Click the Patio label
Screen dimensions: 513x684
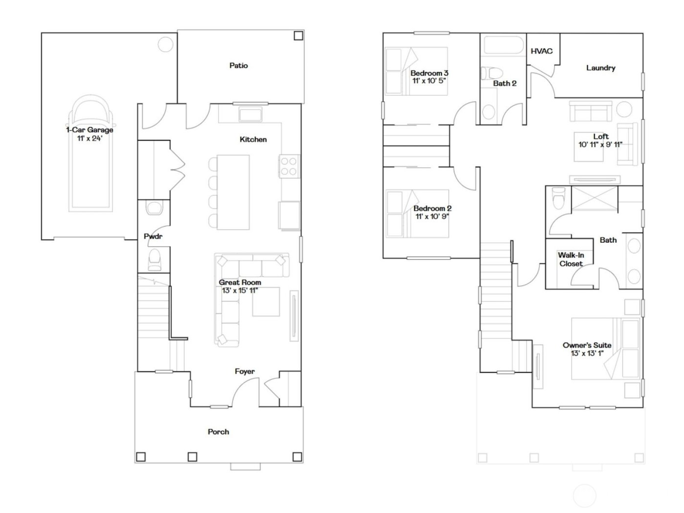tap(238, 65)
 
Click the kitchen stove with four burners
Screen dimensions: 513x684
tap(289, 166)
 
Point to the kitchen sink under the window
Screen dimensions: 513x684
tap(250, 115)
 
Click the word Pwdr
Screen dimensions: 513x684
tap(153, 236)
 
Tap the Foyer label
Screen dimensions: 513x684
tap(244, 371)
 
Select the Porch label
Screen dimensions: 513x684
tap(218, 432)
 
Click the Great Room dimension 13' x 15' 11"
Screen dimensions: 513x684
tap(240, 291)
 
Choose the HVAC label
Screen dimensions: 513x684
tap(541, 51)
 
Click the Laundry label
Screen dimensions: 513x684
tap(600, 68)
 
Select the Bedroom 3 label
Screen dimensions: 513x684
tap(429, 73)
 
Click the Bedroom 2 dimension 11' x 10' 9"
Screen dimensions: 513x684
tap(432, 216)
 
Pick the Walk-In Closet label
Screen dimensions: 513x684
tap(571, 259)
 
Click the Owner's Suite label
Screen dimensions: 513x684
tap(587, 345)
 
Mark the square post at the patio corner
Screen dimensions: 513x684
tap(298, 36)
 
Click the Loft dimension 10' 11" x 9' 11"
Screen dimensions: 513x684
tap(600, 145)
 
